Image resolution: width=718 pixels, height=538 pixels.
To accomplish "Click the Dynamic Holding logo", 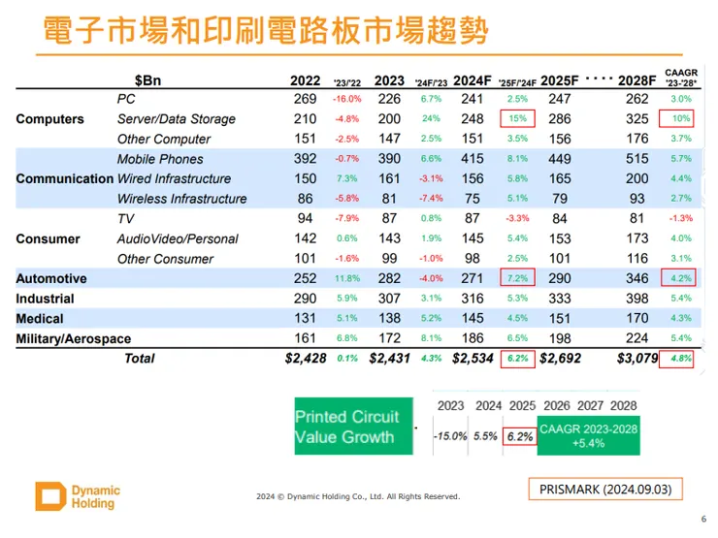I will tap(78, 495).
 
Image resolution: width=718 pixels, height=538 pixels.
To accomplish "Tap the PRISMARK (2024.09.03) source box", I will tap(605, 489).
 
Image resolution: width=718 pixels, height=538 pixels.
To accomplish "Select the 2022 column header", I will tap(306, 80).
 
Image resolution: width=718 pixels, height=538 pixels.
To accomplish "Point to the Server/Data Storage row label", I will tap(177, 119).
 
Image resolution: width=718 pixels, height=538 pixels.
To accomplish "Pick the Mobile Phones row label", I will tap(160, 159).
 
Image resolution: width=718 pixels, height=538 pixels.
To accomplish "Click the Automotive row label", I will tap(51, 278).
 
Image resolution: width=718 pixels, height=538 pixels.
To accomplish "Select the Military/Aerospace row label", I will tap(74, 338).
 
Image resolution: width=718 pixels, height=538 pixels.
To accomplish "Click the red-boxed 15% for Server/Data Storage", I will tap(517, 119).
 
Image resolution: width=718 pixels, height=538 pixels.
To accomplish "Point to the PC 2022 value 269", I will tap(305, 99).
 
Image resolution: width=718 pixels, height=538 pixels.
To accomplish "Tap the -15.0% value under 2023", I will tap(450, 436).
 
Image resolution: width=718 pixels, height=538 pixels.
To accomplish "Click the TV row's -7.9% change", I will tap(346, 219).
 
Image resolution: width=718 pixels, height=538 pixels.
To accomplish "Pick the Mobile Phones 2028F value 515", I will tap(636, 159).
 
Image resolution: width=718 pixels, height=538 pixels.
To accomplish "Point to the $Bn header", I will tap(148, 80).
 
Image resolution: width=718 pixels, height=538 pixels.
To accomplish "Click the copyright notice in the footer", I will tap(358, 497).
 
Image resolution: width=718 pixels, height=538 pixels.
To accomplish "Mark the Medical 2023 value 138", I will tap(389, 318).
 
